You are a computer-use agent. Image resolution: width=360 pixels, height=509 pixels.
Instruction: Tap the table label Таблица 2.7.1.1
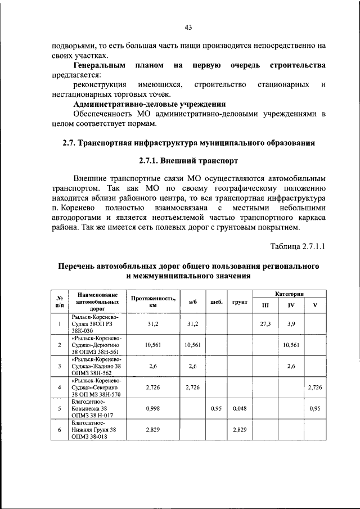(x=298, y=246)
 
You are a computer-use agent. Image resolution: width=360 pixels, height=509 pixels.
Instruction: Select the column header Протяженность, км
(x=153, y=301)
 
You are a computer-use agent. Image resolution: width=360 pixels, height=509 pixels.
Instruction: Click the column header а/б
(x=193, y=301)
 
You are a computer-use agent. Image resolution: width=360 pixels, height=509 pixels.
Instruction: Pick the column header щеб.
(x=217, y=301)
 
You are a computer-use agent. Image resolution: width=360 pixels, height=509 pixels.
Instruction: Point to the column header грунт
(x=240, y=301)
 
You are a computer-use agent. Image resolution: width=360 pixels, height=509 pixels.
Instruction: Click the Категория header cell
(x=289, y=294)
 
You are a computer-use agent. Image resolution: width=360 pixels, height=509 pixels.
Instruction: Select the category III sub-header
(x=265, y=305)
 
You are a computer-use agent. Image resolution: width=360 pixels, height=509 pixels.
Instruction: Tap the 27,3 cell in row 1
(x=265, y=324)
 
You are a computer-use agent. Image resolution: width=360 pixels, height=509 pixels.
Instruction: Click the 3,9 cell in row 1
(x=291, y=324)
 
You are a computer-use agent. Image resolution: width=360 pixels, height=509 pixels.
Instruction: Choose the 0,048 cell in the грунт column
(x=240, y=408)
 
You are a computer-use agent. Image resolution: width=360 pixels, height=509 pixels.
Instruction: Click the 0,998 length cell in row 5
(x=153, y=408)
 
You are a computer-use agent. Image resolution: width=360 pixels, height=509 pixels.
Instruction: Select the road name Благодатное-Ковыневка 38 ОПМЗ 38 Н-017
(x=96, y=408)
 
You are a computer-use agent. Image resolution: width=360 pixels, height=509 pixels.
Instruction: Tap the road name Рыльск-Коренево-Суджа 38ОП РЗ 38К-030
(x=96, y=324)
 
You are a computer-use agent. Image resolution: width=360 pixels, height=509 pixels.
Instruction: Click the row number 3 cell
(x=59, y=366)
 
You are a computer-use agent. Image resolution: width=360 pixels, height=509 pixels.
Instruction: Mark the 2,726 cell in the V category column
(x=315, y=388)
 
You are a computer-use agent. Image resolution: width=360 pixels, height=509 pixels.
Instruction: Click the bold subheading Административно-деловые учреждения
(x=150, y=104)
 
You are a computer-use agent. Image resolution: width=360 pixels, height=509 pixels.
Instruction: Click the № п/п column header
(x=59, y=301)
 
